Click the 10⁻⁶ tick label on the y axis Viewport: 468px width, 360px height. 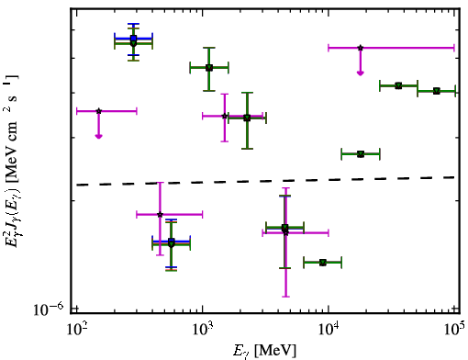pos(48,309)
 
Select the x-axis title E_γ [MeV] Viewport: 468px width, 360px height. pos(264,350)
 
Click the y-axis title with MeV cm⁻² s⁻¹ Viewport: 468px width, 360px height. pos(12,161)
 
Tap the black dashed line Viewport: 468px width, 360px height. pos(266,181)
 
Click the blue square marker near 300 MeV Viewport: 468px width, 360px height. pos(133,39)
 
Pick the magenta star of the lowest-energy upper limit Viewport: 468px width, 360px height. pos(98,111)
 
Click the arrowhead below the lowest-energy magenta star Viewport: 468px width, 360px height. pos(98,136)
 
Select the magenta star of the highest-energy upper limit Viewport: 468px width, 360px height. pos(361,48)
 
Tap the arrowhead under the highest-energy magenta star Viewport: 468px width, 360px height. pos(361,73)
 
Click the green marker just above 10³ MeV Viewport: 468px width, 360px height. pos(209,68)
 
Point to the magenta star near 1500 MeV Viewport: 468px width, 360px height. pos(225,116)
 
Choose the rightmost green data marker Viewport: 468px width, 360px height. pos(437,91)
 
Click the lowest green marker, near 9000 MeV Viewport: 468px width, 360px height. pos(323,263)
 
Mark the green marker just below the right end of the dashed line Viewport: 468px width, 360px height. pos(361,154)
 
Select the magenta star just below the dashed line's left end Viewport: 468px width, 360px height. pos(160,214)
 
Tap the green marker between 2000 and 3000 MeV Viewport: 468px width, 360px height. pos(247,118)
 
